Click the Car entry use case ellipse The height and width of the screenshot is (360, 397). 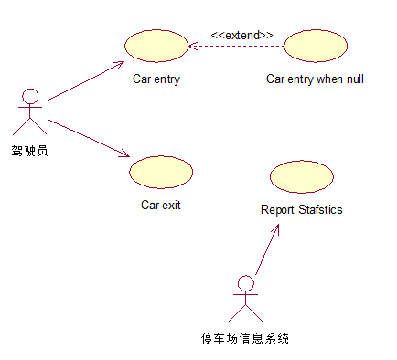tap(155, 45)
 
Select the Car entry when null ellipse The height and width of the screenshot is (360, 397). tap(316, 45)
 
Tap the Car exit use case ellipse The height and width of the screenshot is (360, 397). tap(161, 171)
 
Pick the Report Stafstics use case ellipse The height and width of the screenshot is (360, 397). tap(302, 175)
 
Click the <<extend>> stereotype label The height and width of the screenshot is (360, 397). tap(241, 35)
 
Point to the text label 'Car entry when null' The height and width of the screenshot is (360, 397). tap(315, 79)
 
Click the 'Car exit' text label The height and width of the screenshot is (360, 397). tap(161, 206)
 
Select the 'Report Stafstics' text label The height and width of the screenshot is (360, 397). tap(302, 210)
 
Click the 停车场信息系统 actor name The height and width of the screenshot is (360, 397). tap(245, 338)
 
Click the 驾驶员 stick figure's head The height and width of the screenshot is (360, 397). tap(31, 96)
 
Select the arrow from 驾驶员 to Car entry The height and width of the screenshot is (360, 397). tap(85, 81)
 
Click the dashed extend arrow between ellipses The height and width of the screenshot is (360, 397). tap(236, 45)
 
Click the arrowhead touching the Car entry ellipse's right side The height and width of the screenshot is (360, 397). tap(192, 45)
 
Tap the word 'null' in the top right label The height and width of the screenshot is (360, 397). tap(354, 79)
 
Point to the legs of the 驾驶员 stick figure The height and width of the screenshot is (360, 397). tap(31, 128)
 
